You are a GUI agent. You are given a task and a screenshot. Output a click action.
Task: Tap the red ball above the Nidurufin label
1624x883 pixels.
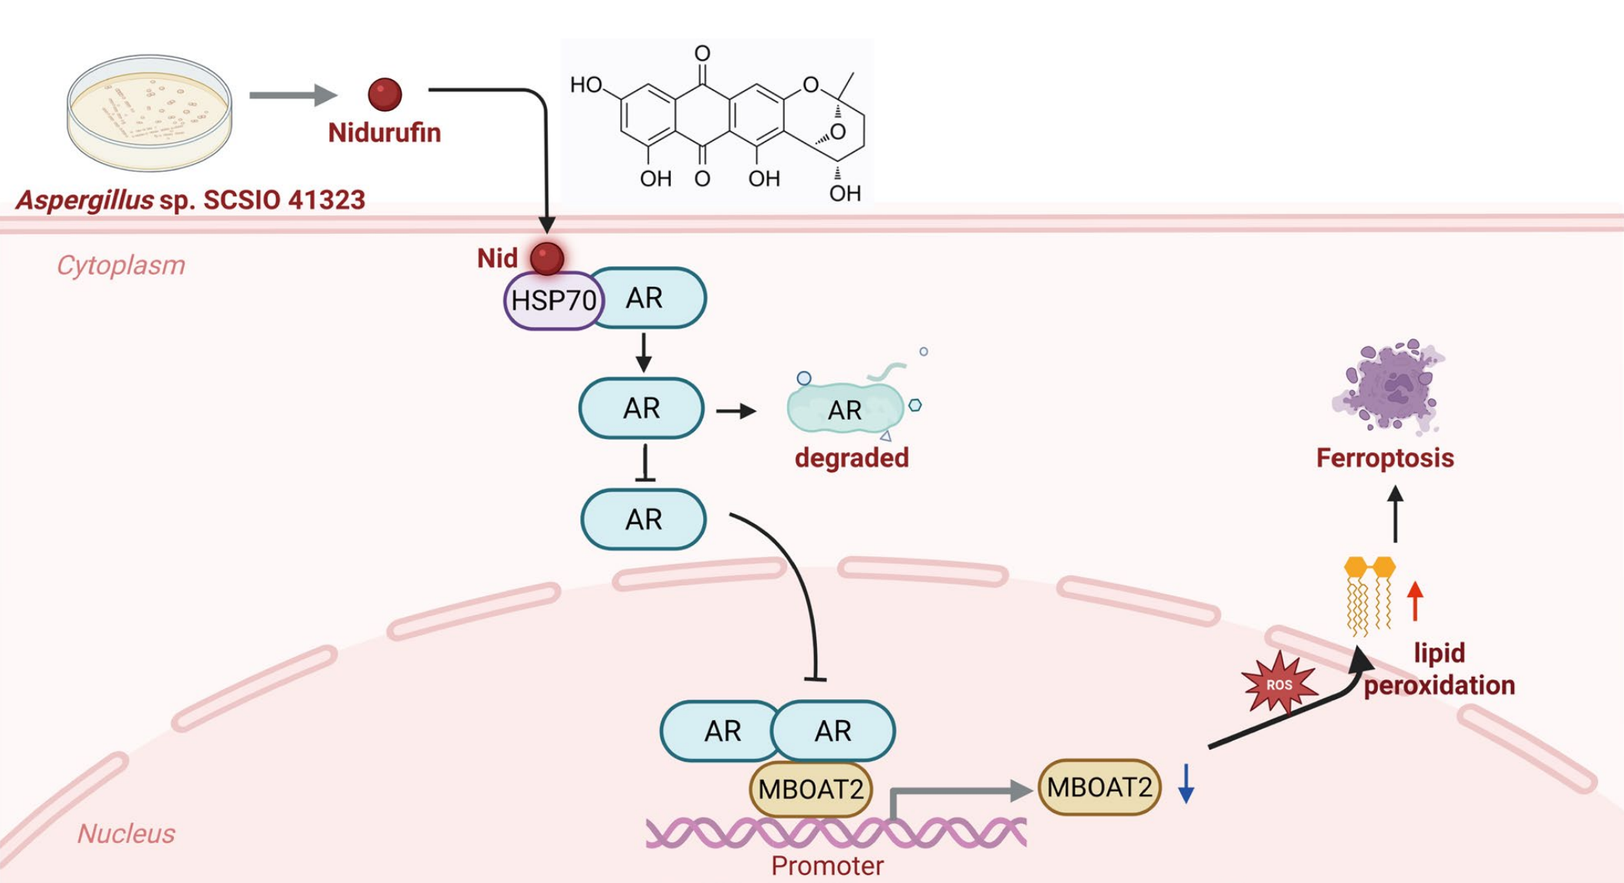point(385,95)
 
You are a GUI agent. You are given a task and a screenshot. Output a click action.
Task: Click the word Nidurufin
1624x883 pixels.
point(384,132)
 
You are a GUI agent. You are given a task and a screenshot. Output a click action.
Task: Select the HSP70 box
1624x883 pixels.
point(552,300)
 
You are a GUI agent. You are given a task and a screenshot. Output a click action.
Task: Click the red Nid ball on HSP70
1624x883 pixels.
point(547,258)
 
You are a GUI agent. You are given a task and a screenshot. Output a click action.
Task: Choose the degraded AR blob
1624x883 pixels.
point(845,408)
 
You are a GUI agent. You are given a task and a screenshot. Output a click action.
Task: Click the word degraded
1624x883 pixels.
point(852,458)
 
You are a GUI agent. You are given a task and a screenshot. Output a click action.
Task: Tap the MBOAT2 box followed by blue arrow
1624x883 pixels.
point(1099,787)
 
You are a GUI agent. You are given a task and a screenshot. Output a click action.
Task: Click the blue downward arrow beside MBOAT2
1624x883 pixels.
point(1186,784)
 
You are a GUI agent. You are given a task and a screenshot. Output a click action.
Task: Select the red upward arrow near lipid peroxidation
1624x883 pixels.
point(1415,601)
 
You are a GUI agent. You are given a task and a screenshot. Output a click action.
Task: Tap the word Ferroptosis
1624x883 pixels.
point(1385,458)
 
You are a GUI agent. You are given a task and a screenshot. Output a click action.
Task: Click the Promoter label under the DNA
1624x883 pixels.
point(827,866)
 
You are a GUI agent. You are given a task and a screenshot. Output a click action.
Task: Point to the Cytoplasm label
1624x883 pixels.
point(121,265)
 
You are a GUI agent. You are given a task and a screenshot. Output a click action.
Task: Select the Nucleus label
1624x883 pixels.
point(126,834)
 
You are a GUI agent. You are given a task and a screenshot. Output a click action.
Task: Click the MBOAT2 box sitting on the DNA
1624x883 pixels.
point(811,789)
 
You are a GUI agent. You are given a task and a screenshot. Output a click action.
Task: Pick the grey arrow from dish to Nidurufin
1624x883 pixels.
point(292,95)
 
